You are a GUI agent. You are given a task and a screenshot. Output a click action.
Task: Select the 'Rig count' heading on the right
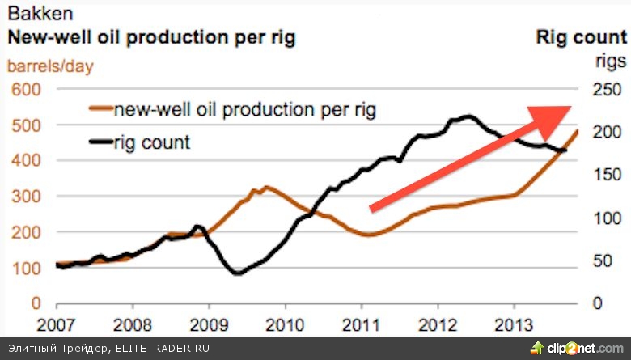tap(581, 36)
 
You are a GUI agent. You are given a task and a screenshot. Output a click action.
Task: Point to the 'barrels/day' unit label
tap(50, 66)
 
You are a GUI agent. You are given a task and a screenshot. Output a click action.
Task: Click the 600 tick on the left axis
tap(25, 90)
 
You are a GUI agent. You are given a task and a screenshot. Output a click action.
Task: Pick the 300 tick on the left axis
tap(25, 197)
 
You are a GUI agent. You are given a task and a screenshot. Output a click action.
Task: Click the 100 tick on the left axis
tap(25, 268)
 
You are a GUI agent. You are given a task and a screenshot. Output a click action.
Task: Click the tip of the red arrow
tap(570, 108)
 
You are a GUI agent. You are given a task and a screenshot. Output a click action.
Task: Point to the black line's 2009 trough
tap(237, 273)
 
